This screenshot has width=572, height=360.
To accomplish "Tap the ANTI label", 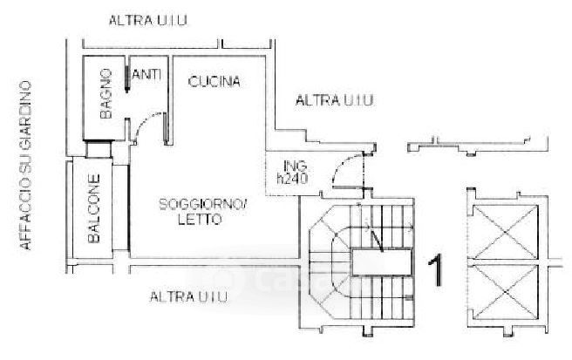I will click(x=148, y=76).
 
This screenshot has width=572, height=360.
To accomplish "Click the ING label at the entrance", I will click(x=291, y=165).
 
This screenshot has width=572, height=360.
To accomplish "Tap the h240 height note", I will click(x=293, y=179).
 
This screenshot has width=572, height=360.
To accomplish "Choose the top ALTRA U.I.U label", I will click(x=149, y=20).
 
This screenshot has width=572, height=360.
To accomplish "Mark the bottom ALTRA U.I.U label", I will click(x=188, y=297).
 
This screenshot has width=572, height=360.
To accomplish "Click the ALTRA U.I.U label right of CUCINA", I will click(x=335, y=101).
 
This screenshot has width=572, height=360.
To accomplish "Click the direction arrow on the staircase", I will click(x=374, y=235).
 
